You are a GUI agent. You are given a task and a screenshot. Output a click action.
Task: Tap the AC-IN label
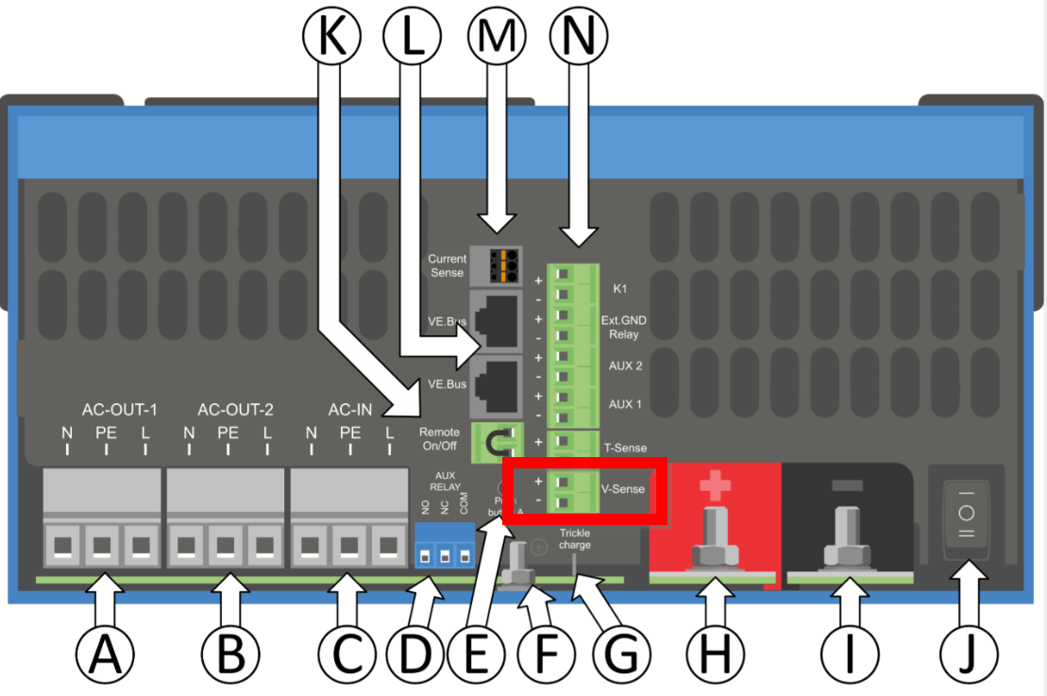point(349,410)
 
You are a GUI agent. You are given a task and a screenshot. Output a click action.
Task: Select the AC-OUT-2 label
point(235,410)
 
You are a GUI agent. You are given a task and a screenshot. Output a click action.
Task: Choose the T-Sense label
point(624,448)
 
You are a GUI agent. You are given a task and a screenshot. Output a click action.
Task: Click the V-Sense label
point(623,489)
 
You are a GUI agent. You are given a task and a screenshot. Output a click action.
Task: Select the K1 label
point(620,287)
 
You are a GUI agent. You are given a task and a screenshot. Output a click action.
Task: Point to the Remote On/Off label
point(440,438)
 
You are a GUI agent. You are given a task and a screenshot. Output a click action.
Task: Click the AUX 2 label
point(625,365)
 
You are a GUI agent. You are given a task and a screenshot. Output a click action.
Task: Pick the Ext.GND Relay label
point(624,327)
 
